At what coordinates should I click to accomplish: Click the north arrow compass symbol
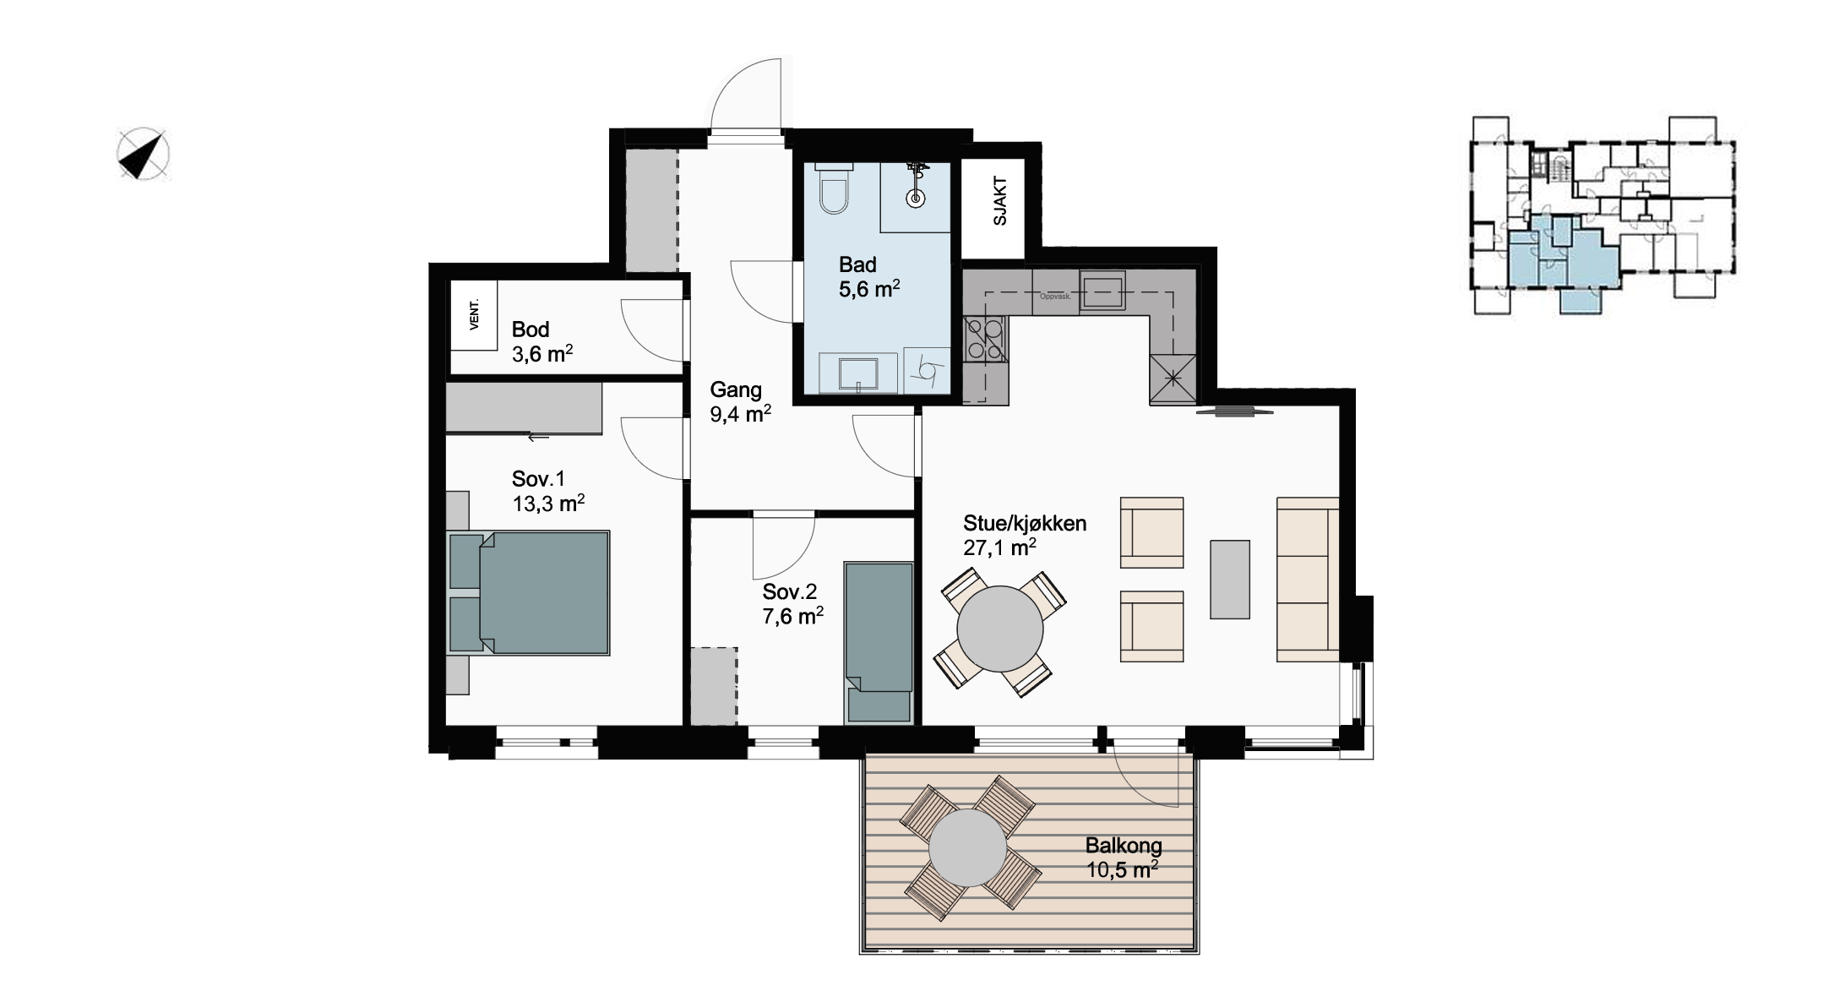click(x=142, y=155)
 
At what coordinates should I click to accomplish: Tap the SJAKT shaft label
click(x=1000, y=200)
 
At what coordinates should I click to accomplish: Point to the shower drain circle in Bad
click(x=916, y=199)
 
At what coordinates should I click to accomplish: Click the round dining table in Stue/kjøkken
click(x=1000, y=629)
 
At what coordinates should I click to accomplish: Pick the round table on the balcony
click(x=968, y=848)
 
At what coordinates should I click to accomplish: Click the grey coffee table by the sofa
click(x=1230, y=580)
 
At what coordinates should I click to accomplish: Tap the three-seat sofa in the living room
click(x=1308, y=579)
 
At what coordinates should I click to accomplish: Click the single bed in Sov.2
click(x=879, y=642)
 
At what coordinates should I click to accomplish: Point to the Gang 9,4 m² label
click(x=740, y=401)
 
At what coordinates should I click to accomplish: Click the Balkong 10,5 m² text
click(x=1123, y=858)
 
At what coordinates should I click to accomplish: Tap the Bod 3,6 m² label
click(x=542, y=341)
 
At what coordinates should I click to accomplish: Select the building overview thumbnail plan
click(x=1603, y=215)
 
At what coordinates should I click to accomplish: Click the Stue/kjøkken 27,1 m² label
click(x=1025, y=535)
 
